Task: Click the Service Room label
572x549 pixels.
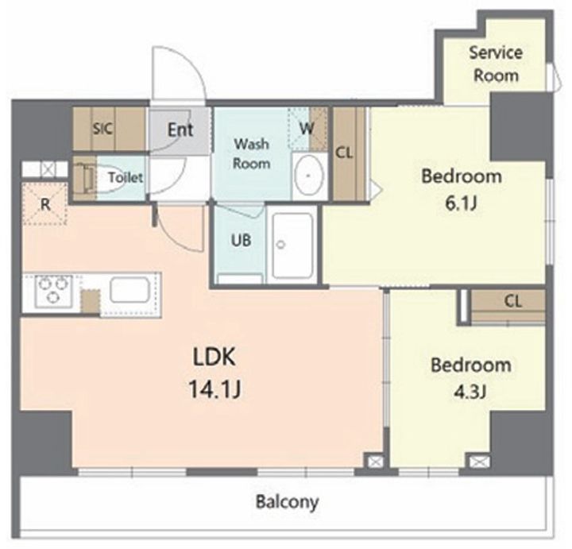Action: pyautogui.click(x=496, y=64)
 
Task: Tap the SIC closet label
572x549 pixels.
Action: pyautogui.click(x=102, y=129)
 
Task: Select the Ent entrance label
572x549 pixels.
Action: pyautogui.click(x=180, y=130)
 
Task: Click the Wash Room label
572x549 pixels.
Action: pyautogui.click(x=252, y=153)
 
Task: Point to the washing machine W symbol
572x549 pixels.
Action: pyautogui.click(x=307, y=128)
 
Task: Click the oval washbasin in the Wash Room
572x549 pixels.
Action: pyautogui.click(x=309, y=176)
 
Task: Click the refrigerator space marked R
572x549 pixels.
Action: pyautogui.click(x=44, y=204)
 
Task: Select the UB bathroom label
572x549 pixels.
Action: pyautogui.click(x=242, y=240)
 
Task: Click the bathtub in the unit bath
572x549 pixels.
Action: pyautogui.click(x=292, y=246)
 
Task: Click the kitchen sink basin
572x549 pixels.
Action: pyautogui.click(x=129, y=290)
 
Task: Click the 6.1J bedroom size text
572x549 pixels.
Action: pyautogui.click(x=462, y=203)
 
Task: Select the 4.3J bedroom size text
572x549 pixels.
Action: pyautogui.click(x=470, y=392)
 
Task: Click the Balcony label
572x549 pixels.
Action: pyautogui.click(x=287, y=502)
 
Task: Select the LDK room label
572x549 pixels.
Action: pyautogui.click(x=214, y=357)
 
